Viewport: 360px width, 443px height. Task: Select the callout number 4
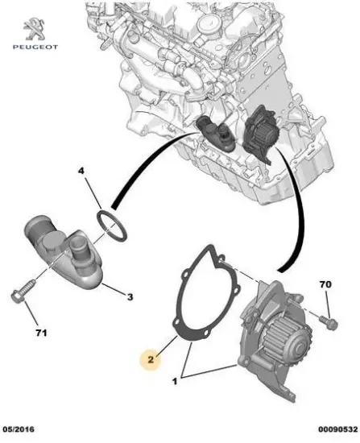click(81, 172)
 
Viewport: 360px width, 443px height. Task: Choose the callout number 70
click(326, 285)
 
